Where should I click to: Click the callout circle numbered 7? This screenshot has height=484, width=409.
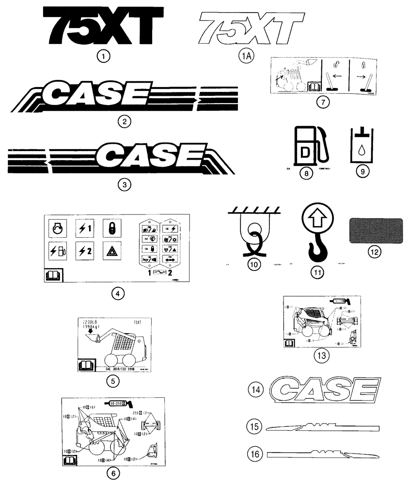(x=322, y=102)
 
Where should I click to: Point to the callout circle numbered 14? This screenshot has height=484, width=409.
(x=256, y=388)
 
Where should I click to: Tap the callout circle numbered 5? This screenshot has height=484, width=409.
(x=112, y=381)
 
